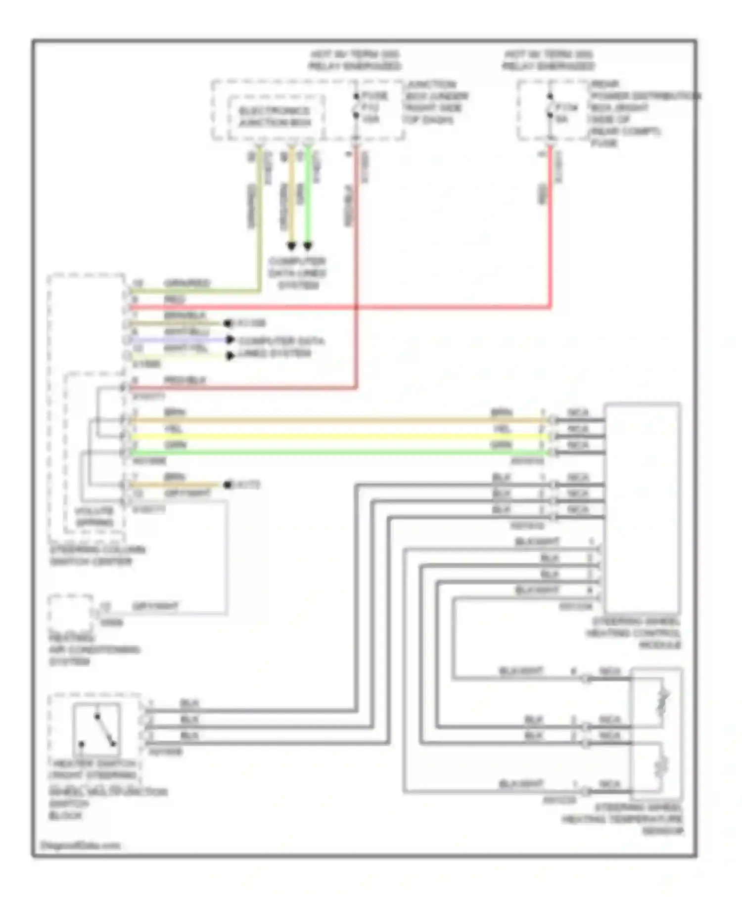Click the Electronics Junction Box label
click(275, 117)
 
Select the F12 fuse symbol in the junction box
click(356, 106)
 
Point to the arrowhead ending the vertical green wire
click(308, 245)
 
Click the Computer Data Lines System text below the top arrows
click(297, 273)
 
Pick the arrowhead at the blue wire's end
click(230, 340)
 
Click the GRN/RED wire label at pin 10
click(187, 283)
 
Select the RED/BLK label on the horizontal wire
click(185, 380)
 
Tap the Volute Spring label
click(94, 517)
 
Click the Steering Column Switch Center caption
click(97, 556)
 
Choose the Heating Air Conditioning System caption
click(94, 650)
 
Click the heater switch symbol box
click(97, 729)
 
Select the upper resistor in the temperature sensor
click(663, 701)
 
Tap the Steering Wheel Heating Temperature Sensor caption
click(624, 819)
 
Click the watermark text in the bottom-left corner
click(80, 846)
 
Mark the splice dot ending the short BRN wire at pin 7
click(228, 485)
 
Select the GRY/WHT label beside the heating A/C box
click(155, 606)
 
